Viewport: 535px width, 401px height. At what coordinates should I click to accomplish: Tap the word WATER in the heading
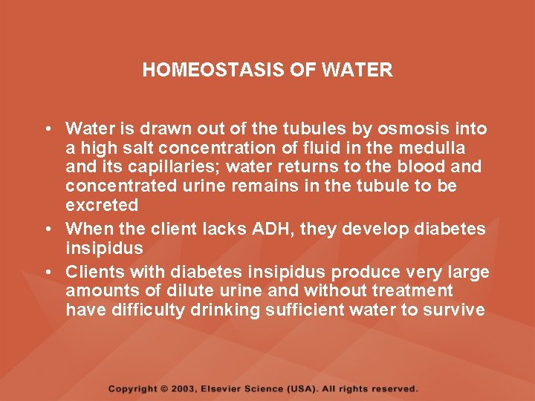(364, 71)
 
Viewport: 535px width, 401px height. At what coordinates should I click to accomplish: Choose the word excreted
(102, 205)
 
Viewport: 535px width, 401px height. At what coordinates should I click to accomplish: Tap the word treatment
(416, 290)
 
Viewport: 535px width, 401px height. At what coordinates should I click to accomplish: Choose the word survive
(453, 310)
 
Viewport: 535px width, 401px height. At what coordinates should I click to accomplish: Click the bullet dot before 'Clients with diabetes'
(48, 272)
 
